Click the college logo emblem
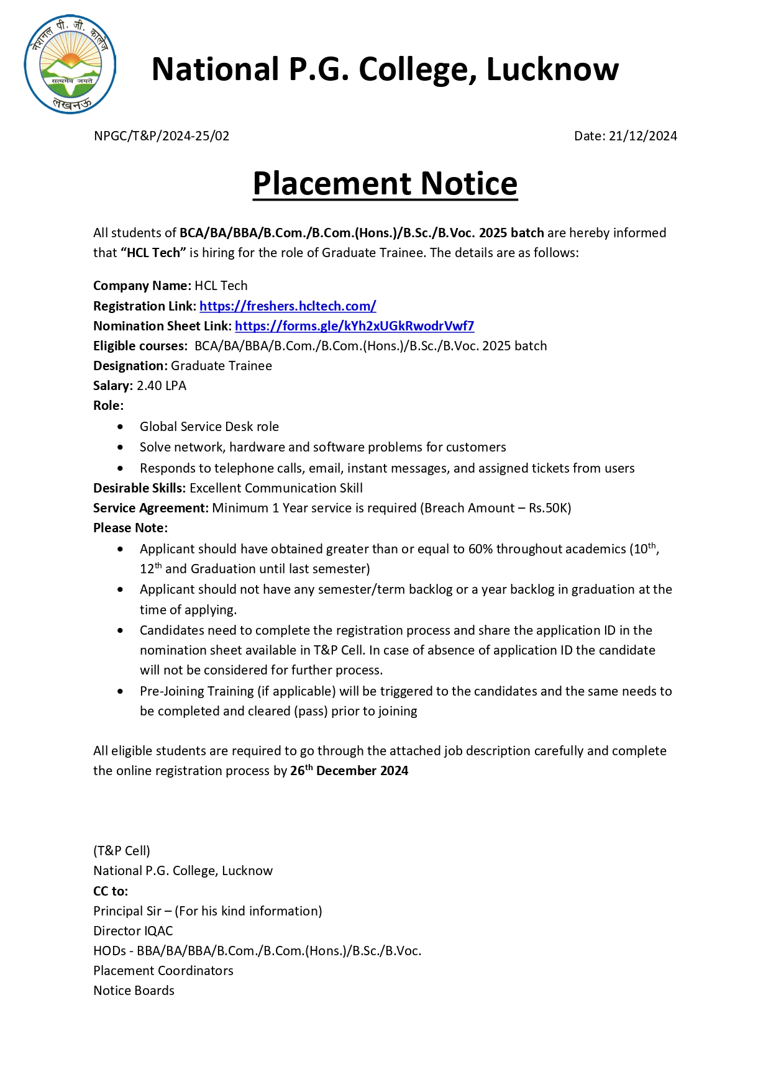point(70,65)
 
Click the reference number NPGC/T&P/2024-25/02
point(162,136)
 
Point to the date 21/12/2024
point(642,136)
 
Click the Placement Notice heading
point(385,184)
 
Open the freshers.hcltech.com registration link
point(288,306)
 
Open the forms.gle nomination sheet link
point(354,326)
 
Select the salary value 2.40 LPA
point(162,386)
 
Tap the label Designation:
point(130,366)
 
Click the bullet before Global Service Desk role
point(121,427)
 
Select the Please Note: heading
point(130,528)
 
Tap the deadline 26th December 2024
point(349,771)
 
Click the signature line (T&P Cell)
point(122,851)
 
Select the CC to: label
point(111,891)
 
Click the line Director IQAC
point(133,931)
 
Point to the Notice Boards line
point(134,991)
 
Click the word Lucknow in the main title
point(552,70)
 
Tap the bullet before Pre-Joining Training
point(121,692)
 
